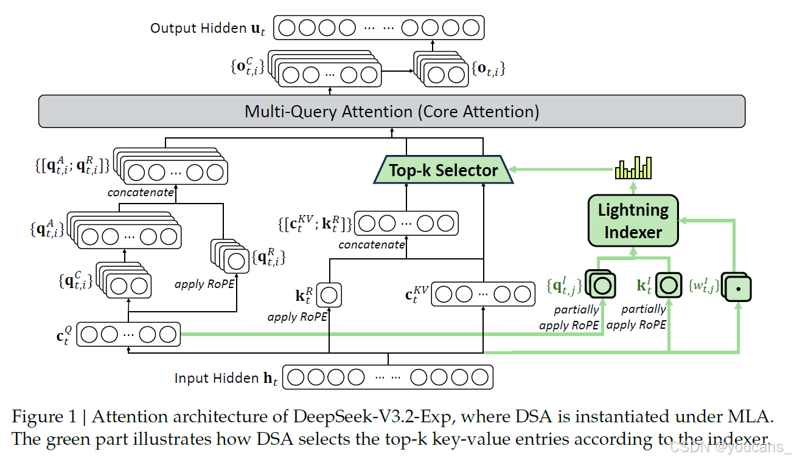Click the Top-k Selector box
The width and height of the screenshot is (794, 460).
[443, 170]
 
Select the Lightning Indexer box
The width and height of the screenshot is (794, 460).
[633, 221]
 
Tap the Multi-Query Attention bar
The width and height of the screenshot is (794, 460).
[392, 111]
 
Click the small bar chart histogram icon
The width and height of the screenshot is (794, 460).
[633, 168]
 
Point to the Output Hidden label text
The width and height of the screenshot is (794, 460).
[207, 29]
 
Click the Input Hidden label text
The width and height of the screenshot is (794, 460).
[226, 378]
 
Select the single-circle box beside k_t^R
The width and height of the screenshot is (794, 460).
[329, 295]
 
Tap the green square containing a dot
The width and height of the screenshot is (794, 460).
[737, 288]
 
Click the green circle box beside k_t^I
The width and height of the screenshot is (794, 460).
[669, 285]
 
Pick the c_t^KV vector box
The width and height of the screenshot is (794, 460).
[483, 294]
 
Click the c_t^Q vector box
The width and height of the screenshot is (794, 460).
[128, 334]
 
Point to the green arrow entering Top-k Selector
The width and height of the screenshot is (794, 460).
[561, 170]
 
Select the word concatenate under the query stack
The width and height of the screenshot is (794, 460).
[141, 192]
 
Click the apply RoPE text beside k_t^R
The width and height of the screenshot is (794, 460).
[297, 317]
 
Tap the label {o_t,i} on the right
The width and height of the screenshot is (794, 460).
[488, 69]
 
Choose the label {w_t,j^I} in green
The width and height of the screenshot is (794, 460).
[704, 286]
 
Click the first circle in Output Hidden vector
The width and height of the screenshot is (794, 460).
[287, 27]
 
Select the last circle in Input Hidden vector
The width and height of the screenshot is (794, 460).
[479, 377]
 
